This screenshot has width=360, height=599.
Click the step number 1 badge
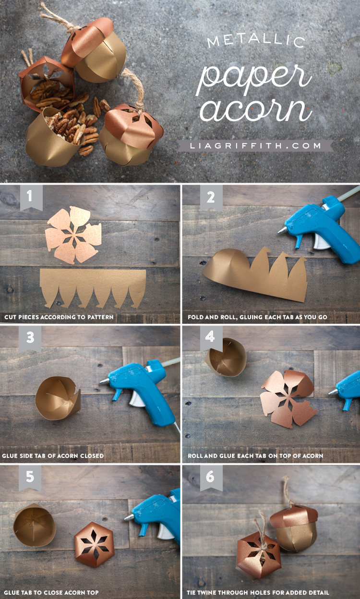point(30,197)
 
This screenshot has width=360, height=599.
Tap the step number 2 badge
point(211,197)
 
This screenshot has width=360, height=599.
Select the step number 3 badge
point(30,338)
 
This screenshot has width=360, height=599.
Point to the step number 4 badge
point(210,337)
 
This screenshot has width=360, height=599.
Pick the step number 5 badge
point(30,477)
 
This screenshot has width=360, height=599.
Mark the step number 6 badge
point(210,477)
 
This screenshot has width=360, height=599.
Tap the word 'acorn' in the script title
point(255,109)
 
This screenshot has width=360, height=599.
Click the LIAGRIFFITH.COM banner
point(255,145)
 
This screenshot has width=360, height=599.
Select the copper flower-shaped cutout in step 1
point(73,235)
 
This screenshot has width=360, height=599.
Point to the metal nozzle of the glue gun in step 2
point(282,230)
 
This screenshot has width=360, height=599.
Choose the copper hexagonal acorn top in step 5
point(94,544)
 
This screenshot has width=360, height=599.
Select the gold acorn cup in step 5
point(34,525)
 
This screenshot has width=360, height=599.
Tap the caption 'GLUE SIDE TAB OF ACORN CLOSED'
point(53,455)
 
